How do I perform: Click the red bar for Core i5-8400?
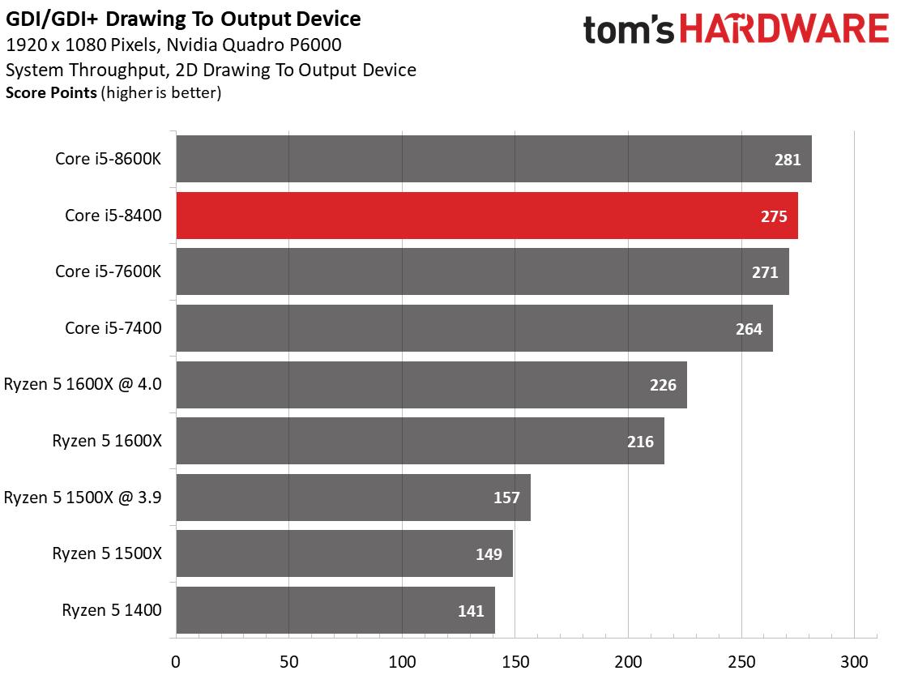486,216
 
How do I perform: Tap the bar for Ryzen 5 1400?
335,611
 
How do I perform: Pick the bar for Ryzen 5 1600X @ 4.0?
431,385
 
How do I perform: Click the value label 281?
787,160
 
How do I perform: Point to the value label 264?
749,329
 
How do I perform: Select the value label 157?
506,498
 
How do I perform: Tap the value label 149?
489,554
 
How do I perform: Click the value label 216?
640,442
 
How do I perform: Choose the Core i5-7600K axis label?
109,271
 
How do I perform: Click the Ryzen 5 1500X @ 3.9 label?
83,498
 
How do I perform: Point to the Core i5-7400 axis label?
113,328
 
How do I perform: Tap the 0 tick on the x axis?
176,660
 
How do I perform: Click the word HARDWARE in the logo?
784,31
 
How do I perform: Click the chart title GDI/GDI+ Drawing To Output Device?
184,19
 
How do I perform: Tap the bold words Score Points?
51,92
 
